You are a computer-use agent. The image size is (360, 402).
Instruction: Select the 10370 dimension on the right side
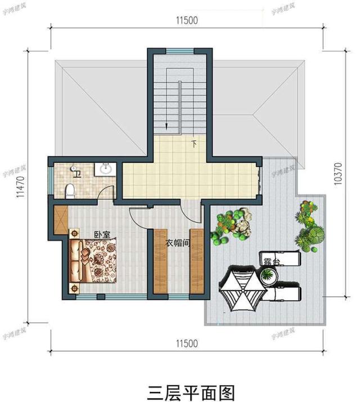338,175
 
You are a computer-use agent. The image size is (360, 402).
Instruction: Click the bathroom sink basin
106,168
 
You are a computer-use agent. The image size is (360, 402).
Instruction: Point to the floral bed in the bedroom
94,260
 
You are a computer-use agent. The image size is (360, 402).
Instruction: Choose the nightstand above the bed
73,232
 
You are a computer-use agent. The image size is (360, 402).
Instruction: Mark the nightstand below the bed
73,288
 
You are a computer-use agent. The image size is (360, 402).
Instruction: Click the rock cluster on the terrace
242,224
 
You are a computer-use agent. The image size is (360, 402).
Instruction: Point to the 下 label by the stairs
194,143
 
